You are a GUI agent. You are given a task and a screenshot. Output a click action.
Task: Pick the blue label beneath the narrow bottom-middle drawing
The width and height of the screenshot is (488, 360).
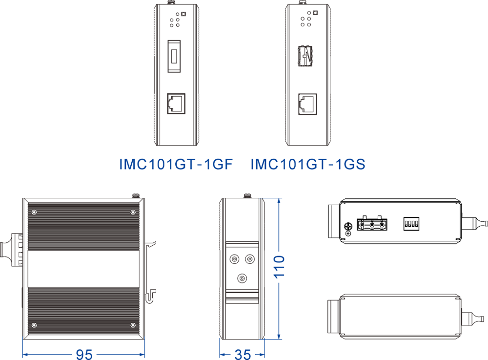pyautogui.click(x=242, y=352)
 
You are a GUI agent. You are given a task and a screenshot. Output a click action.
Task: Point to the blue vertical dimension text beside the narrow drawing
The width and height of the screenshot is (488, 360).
pyautogui.click(x=276, y=268)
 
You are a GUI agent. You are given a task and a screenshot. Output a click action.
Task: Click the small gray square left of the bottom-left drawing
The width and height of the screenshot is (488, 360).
pyautogui.click(x=7, y=228)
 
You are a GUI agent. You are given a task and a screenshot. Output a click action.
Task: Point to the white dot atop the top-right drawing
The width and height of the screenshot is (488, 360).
pyautogui.click(x=304, y=4)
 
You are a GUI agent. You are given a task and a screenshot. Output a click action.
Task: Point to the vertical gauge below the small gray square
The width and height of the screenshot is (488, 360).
pyautogui.click(x=10, y=249)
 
